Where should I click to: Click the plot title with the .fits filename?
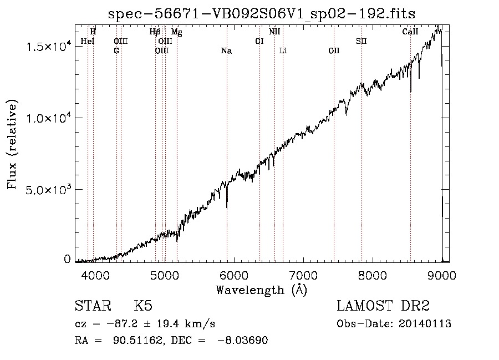coord(262,14)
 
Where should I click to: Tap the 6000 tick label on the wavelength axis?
coord(234,275)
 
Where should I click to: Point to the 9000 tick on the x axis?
coord(442,275)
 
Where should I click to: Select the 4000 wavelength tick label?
coord(95,275)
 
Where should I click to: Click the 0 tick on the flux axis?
coord(67,260)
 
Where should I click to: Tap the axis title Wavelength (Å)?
coord(262,290)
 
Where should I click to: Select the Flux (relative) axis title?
coord(12,145)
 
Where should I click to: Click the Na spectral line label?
coord(227,51)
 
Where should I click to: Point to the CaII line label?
coord(410,32)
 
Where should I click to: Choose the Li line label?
coord(283,50)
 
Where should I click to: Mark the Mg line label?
coord(177,32)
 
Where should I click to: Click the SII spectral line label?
coord(361,41)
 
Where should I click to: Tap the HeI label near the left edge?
coord(88,41)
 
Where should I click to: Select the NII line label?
coord(274,32)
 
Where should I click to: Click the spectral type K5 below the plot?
coord(143,306)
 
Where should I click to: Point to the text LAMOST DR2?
coord(383,306)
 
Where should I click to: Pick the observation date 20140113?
coord(425,324)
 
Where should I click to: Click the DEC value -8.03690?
coord(242,340)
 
